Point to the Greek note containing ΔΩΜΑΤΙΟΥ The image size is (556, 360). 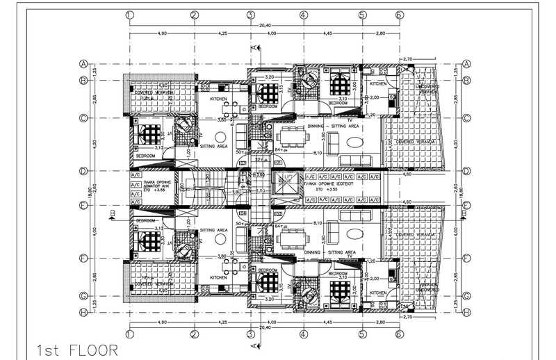point(149,186)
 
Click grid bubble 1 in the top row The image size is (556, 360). point(129,14)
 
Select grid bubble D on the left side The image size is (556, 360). point(83,170)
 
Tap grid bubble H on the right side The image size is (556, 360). point(467,312)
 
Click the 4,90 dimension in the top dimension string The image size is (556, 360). point(161,33)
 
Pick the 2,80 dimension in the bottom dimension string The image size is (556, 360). point(380,322)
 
